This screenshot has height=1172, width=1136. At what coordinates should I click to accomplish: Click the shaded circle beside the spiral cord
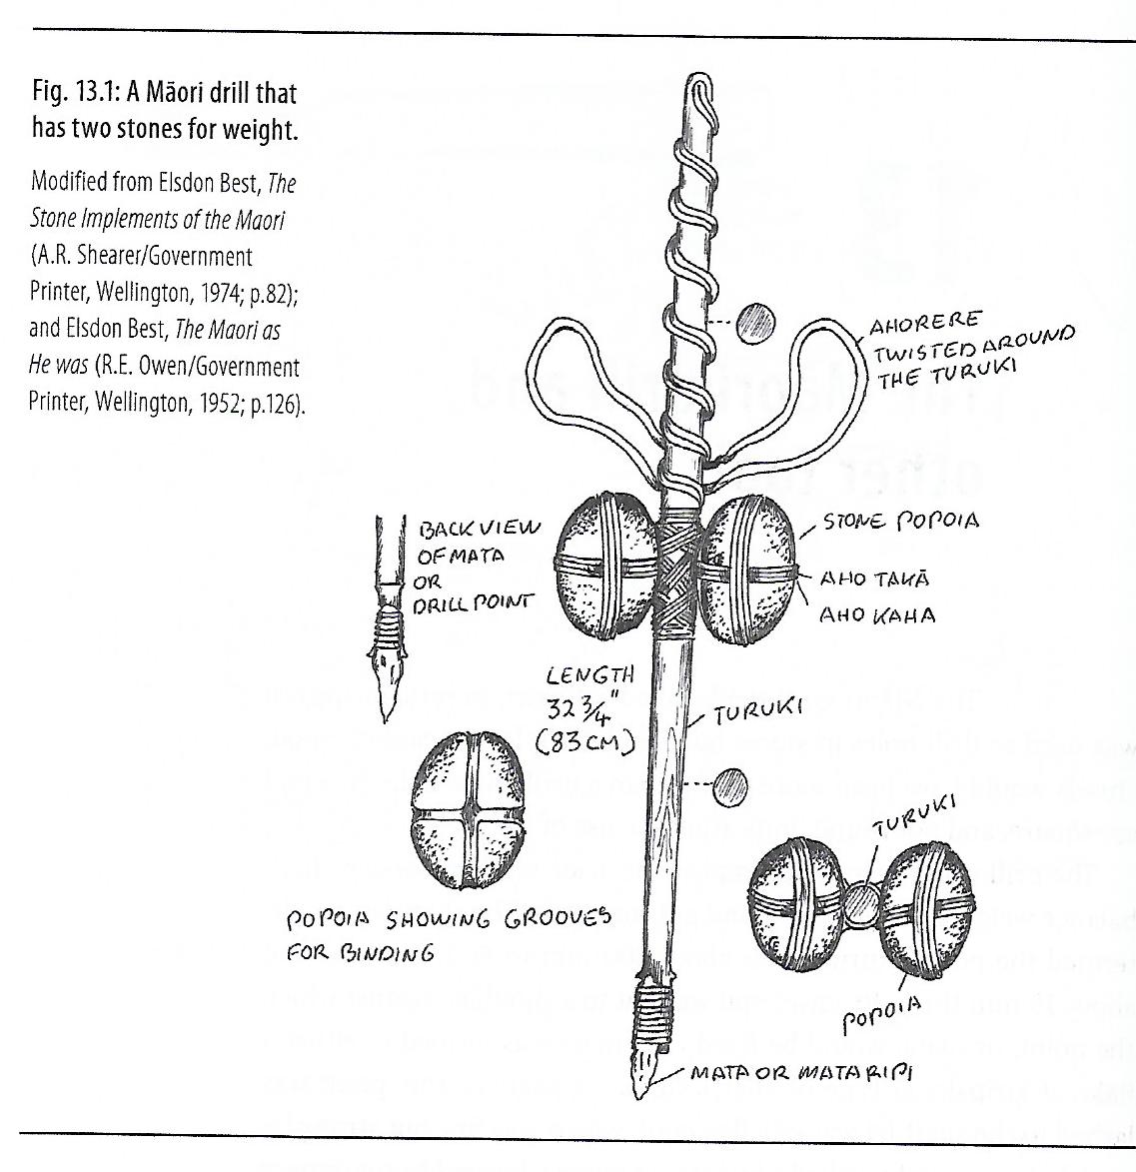(755, 322)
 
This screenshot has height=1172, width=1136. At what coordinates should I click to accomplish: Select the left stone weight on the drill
(597, 568)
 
